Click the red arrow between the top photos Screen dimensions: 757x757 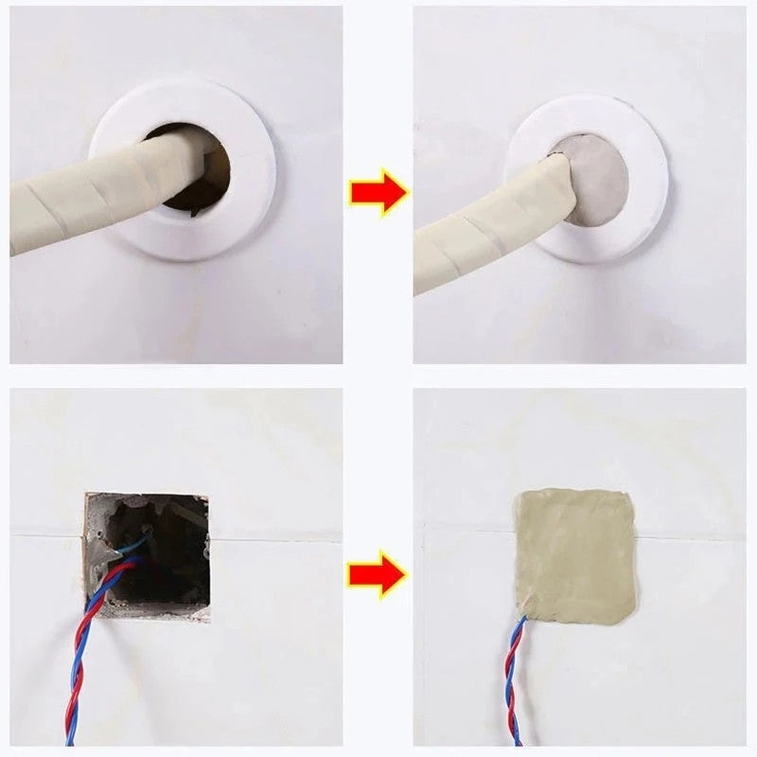377,193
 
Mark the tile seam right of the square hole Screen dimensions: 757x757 274,539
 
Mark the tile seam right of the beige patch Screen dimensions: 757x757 691,536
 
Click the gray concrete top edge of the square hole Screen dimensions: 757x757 147,496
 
